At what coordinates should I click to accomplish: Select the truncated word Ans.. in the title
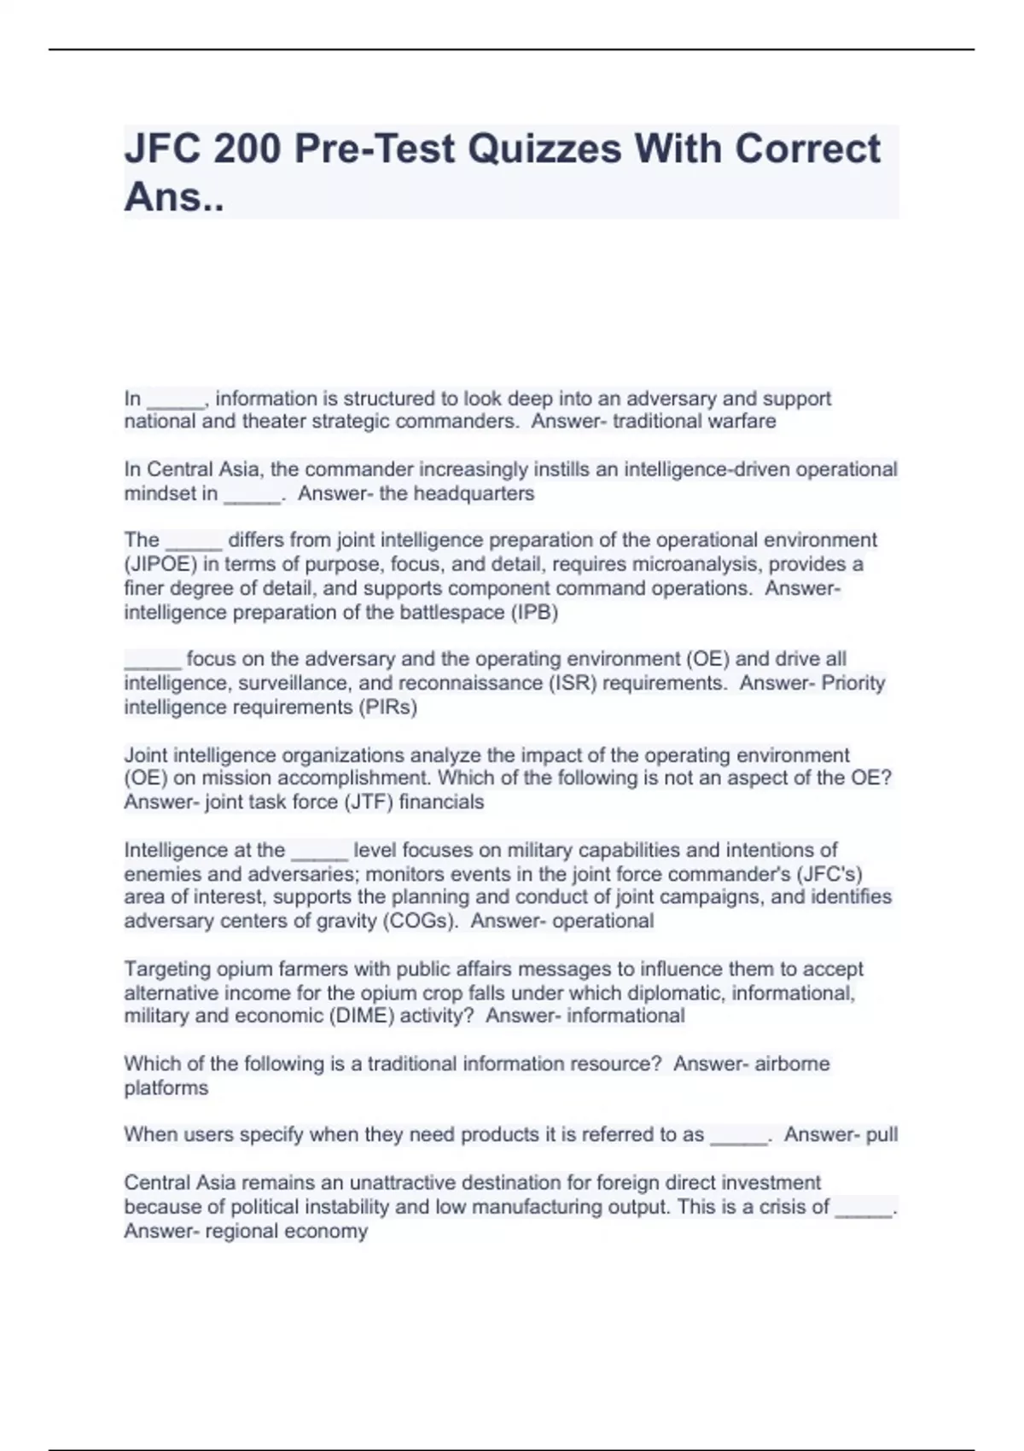174,197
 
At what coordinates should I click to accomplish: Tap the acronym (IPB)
534,613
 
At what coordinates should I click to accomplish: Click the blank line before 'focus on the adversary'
153,660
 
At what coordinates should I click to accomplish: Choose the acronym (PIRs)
388,708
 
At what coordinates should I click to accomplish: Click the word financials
441,802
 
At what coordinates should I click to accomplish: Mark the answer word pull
881,1135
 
